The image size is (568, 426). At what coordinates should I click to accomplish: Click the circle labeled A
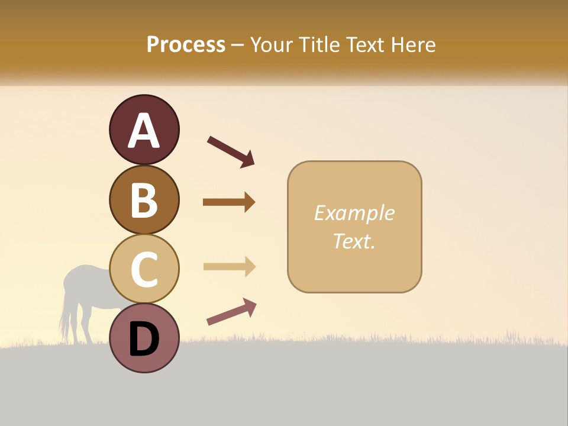coord(144,130)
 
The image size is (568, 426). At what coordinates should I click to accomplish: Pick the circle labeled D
coord(144,338)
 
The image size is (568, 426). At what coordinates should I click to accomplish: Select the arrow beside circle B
coord(229,202)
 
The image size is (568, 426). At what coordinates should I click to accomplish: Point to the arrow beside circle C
coord(229,267)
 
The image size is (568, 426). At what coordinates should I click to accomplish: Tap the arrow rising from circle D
coord(231,312)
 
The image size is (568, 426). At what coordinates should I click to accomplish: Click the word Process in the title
coord(186,44)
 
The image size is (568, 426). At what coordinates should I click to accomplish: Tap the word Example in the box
coord(354,213)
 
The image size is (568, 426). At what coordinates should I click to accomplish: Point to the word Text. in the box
coord(354,241)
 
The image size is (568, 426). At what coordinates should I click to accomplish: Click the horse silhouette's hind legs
coord(72,322)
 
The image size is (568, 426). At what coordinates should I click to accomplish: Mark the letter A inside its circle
coord(144,131)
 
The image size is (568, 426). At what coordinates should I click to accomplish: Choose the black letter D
coord(144,339)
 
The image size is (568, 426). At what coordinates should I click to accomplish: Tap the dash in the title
coord(238,45)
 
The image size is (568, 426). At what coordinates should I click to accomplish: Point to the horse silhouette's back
coord(89,270)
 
